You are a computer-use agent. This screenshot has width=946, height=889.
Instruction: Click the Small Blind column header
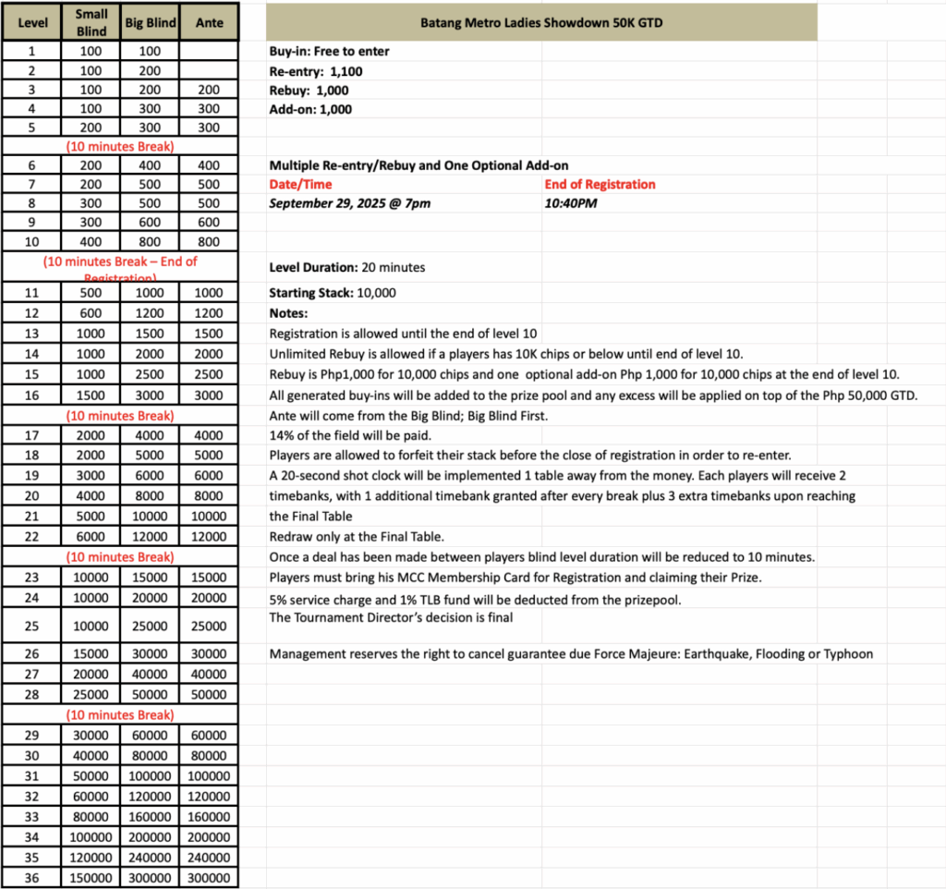point(91,22)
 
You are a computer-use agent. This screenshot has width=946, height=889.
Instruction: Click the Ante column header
point(210,22)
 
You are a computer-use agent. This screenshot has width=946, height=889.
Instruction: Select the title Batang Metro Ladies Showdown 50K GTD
point(540,22)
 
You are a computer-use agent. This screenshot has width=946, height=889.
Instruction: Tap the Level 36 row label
point(31,877)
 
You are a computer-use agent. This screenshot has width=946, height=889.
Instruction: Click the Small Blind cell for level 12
point(91,313)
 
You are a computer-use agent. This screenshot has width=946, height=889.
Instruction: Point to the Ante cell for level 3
point(210,90)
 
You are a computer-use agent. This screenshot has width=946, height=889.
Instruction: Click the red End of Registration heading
point(600,185)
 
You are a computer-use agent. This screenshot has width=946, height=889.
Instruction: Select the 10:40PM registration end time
point(571,203)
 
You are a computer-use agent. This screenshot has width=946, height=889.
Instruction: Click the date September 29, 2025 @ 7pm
point(349,203)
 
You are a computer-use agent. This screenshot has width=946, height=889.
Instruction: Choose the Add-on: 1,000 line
point(310,109)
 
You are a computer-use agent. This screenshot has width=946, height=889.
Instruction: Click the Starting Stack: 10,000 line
point(333,293)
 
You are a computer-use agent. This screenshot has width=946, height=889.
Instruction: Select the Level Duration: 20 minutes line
point(347,268)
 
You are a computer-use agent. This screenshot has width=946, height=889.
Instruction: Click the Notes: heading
point(289,313)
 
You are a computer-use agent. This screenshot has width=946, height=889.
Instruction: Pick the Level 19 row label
point(31,475)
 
